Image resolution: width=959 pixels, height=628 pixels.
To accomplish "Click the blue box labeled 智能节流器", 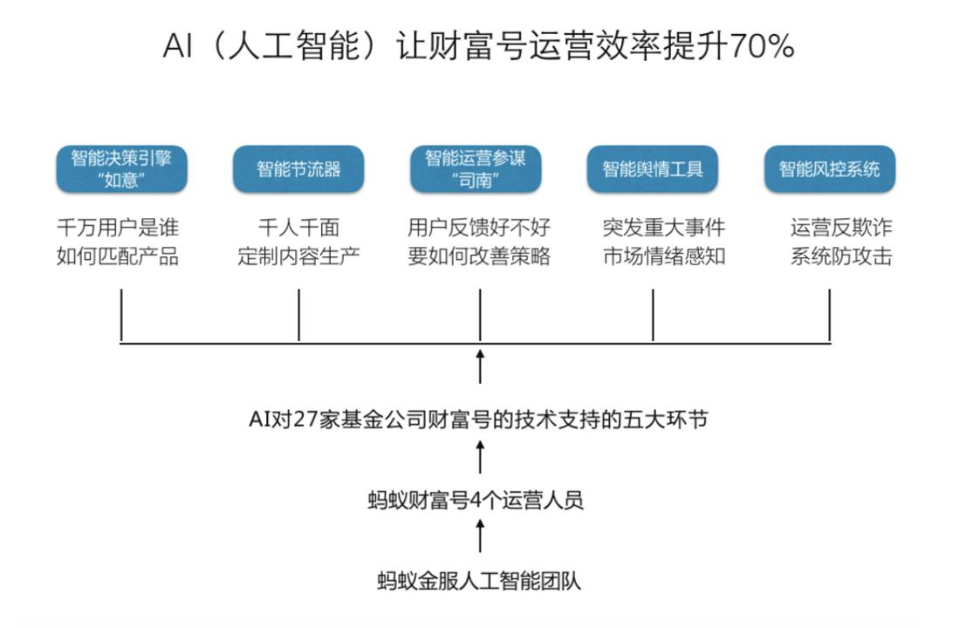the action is coord(298,168).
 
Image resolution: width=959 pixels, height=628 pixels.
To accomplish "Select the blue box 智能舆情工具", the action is coord(653,168).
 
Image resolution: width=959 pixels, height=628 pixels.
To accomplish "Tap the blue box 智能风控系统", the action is coord(830,168).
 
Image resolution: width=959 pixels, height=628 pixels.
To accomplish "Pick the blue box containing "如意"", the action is coord(121,168).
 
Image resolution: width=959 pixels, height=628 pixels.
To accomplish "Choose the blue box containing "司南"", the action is coord(476,168).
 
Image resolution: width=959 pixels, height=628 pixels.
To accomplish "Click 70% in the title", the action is coord(762,46).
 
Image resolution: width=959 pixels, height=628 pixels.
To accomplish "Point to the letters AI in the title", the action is coord(177,46).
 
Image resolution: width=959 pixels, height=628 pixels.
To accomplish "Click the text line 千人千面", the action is coord(299,228).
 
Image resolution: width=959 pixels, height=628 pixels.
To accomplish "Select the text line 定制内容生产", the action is coord(299,256).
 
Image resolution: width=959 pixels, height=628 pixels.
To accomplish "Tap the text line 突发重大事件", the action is coord(664,228).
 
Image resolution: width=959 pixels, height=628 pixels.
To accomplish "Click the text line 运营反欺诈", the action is coord(841,228).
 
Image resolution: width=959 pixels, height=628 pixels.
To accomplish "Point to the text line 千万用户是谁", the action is coord(118,228).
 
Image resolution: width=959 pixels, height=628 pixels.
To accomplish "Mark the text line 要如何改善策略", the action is coord(480,256).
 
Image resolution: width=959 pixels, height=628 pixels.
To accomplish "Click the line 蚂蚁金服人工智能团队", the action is coord(480,580).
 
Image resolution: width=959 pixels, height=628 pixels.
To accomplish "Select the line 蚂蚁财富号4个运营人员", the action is coord(476,500).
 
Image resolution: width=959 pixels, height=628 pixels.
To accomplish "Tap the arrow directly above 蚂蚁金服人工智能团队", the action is coord(480,536).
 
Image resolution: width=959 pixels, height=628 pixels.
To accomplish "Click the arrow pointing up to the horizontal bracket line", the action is coord(480,366).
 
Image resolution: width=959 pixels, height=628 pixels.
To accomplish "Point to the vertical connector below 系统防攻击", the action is coord(829,315).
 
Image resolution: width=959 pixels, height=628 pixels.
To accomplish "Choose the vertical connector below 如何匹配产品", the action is coord(121,315).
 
